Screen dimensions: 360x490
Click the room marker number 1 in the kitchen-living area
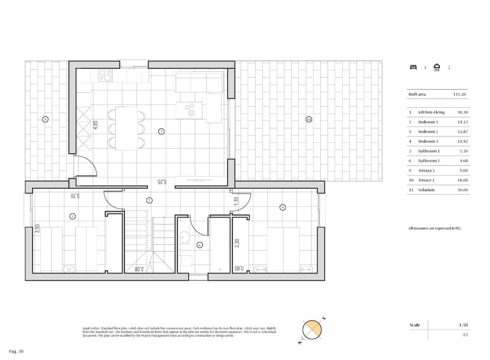tap(161, 131)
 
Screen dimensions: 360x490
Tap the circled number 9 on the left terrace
tap(45, 119)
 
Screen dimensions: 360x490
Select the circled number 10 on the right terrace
tap(309, 119)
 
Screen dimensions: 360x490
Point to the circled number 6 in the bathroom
tap(199, 245)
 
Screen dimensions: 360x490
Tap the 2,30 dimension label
tap(237, 244)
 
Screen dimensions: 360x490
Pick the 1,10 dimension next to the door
tap(237, 201)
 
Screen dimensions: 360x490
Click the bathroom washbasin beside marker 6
tap(183, 236)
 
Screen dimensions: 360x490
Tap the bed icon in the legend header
tap(412, 67)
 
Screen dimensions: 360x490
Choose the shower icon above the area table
tap(438, 67)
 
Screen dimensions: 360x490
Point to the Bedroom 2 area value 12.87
tap(459, 131)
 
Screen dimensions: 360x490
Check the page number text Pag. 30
tap(16, 351)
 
